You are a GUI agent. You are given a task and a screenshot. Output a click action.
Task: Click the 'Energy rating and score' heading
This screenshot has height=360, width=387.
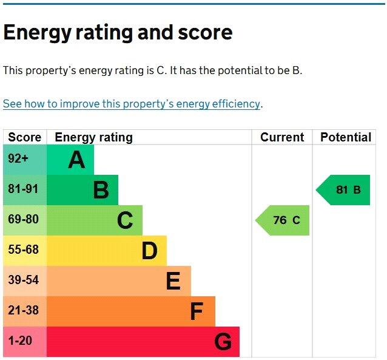tap(118, 32)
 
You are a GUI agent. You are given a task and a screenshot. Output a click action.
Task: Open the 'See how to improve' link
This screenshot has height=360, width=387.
tap(132, 104)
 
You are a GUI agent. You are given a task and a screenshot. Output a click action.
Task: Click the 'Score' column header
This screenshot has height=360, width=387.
tap(24, 137)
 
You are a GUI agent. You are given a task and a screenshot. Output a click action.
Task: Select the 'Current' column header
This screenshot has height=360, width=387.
tap(282, 137)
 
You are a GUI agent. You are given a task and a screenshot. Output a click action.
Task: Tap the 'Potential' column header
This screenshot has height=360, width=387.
tap(345, 137)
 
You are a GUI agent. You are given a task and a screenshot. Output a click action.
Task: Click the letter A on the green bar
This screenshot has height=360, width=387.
tap(76, 160)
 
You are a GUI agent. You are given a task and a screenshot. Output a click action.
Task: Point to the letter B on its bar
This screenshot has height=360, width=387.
tap(101, 190)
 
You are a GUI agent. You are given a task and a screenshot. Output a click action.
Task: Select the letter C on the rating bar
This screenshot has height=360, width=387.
tap(125, 220)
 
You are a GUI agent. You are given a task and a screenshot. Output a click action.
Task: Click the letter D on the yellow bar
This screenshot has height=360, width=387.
tap(149, 251)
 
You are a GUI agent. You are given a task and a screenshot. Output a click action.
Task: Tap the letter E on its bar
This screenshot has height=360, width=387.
tap(173, 281)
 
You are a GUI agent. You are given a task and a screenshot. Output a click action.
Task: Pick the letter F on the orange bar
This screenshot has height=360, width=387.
tap(196, 311)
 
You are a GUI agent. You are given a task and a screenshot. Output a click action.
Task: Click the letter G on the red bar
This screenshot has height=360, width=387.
tap(223, 342)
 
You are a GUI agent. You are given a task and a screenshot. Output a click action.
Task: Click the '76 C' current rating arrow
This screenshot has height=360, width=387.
tap(284, 220)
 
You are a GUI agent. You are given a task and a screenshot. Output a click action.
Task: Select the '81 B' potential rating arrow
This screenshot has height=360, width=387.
tap(345, 190)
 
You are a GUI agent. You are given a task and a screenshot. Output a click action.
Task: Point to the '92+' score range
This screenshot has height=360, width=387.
tap(18, 159)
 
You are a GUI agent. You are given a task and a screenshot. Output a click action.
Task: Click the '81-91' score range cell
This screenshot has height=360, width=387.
tap(23, 189)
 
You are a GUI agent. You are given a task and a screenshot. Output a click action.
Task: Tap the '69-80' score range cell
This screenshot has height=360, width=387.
tap(23, 220)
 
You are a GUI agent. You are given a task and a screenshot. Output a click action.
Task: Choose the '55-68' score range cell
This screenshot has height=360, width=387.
tap(23, 250)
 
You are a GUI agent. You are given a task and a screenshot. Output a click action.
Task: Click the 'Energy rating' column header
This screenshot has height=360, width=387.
tap(93, 137)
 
